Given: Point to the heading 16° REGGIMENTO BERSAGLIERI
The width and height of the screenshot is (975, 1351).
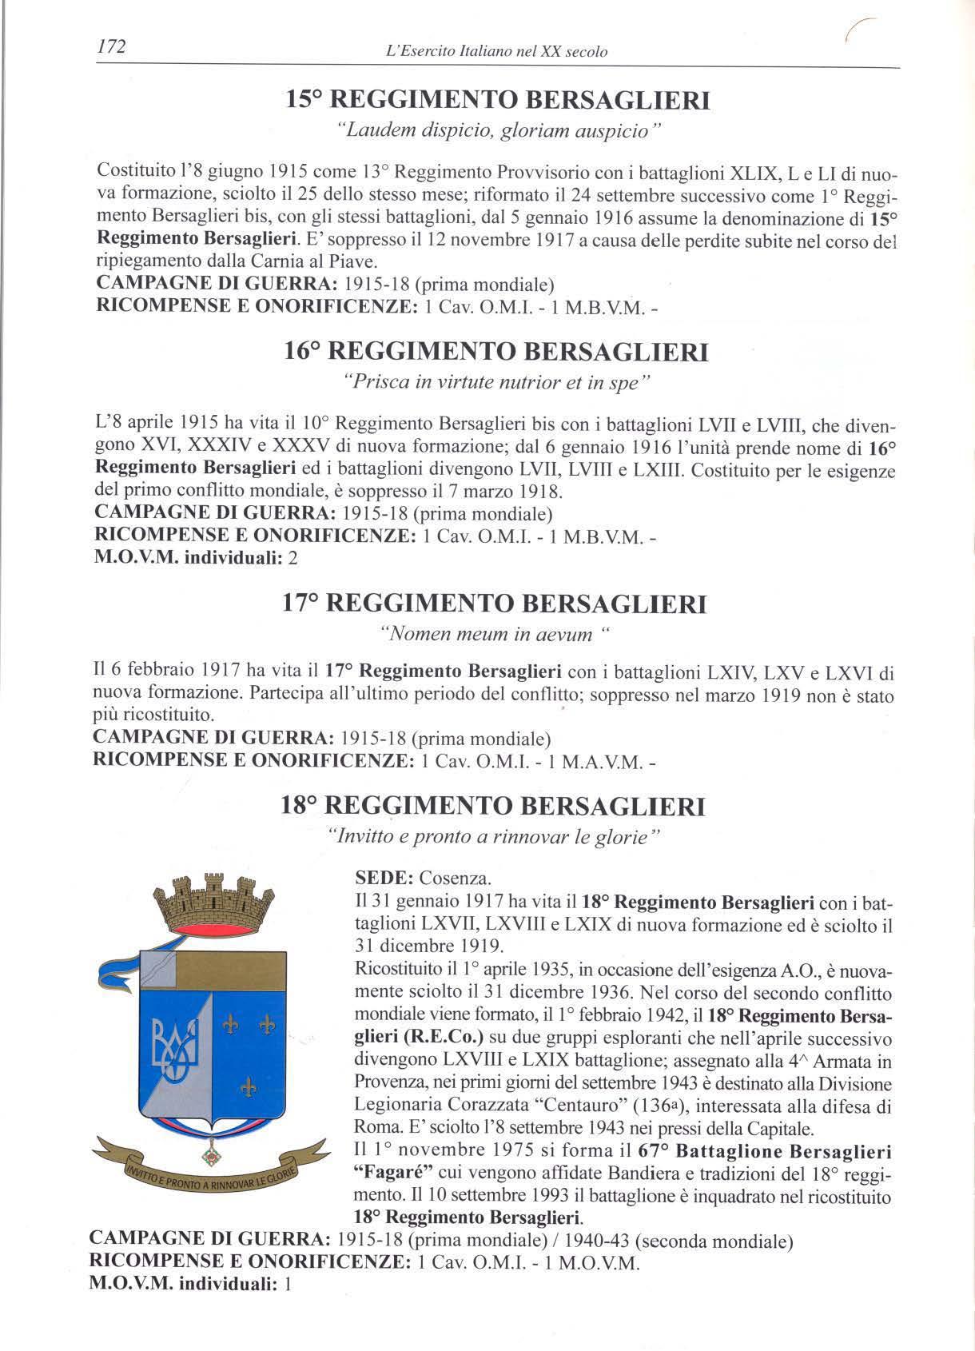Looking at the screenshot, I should [x=496, y=351].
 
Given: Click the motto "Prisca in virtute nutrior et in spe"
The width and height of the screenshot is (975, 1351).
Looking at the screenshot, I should [x=496, y=383].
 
